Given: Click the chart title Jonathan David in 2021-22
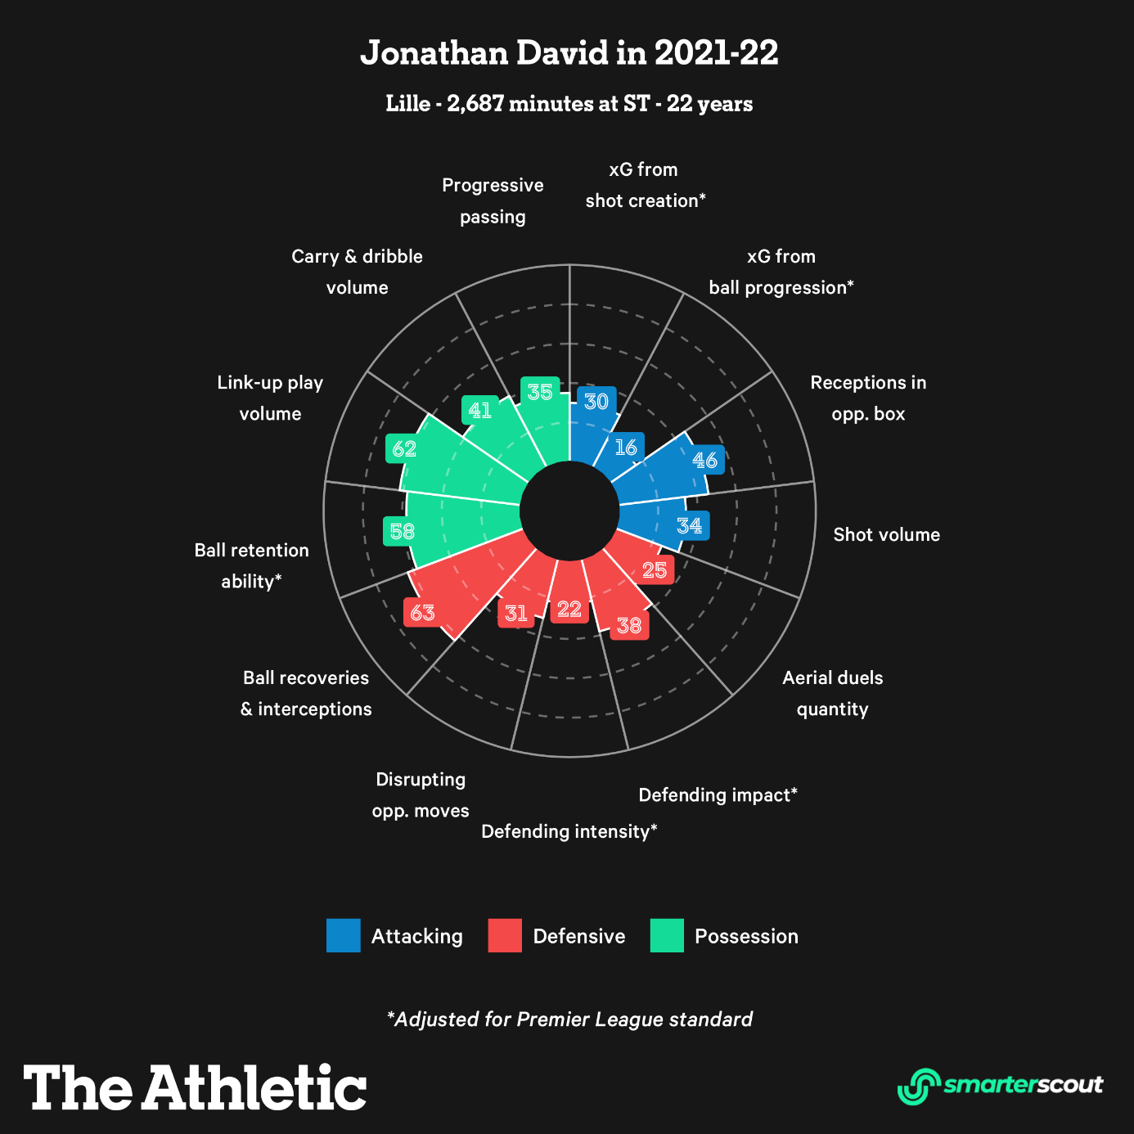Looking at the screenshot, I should click(x=569, y=53).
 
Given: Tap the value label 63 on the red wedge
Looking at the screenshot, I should click(x=423, y=612).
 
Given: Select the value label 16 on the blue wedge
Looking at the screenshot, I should click(x=626, y=448).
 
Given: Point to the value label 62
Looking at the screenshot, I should click(x=404, y=448).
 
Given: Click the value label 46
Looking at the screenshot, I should click(x=705, y=460).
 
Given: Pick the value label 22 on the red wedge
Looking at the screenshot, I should click(x=569, y=609).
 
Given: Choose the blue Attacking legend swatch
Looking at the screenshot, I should click(x=343, y=936).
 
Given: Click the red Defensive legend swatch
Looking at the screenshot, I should click(x=505, y=936).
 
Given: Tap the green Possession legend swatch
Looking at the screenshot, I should click(x=667, y=936).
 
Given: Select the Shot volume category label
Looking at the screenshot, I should click(x=886, y=535).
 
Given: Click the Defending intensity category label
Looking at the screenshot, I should click(x=569, y=832).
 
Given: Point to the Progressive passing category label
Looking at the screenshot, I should click(x=493, y=201).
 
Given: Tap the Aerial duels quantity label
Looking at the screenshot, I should click(x=832, y=693).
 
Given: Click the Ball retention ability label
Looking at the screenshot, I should click(x=251, y=565).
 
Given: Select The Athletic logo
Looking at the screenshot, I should click(x=195, y=1087).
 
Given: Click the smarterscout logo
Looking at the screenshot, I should click(x=1000, y=1086).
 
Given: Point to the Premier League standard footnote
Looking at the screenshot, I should click(x=569, y=1019).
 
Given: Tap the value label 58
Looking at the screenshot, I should click(x=402, y=532).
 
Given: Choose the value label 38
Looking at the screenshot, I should click(x=629, y=626).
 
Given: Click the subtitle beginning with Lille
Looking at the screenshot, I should click(x=569, y=104).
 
